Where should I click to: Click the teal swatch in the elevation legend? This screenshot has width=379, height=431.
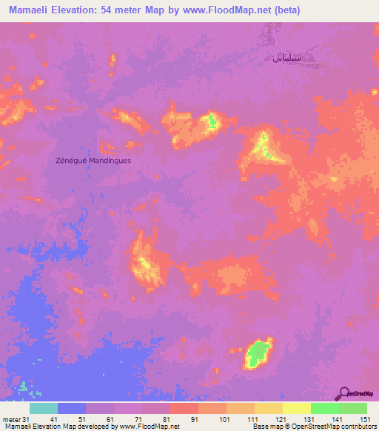point(44,408)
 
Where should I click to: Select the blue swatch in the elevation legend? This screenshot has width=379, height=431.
point(72,408)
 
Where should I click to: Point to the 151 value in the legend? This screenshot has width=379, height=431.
point(366,418)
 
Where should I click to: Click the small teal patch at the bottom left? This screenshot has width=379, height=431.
point(24,386)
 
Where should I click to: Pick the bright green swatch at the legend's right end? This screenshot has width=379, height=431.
point(352,408)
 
